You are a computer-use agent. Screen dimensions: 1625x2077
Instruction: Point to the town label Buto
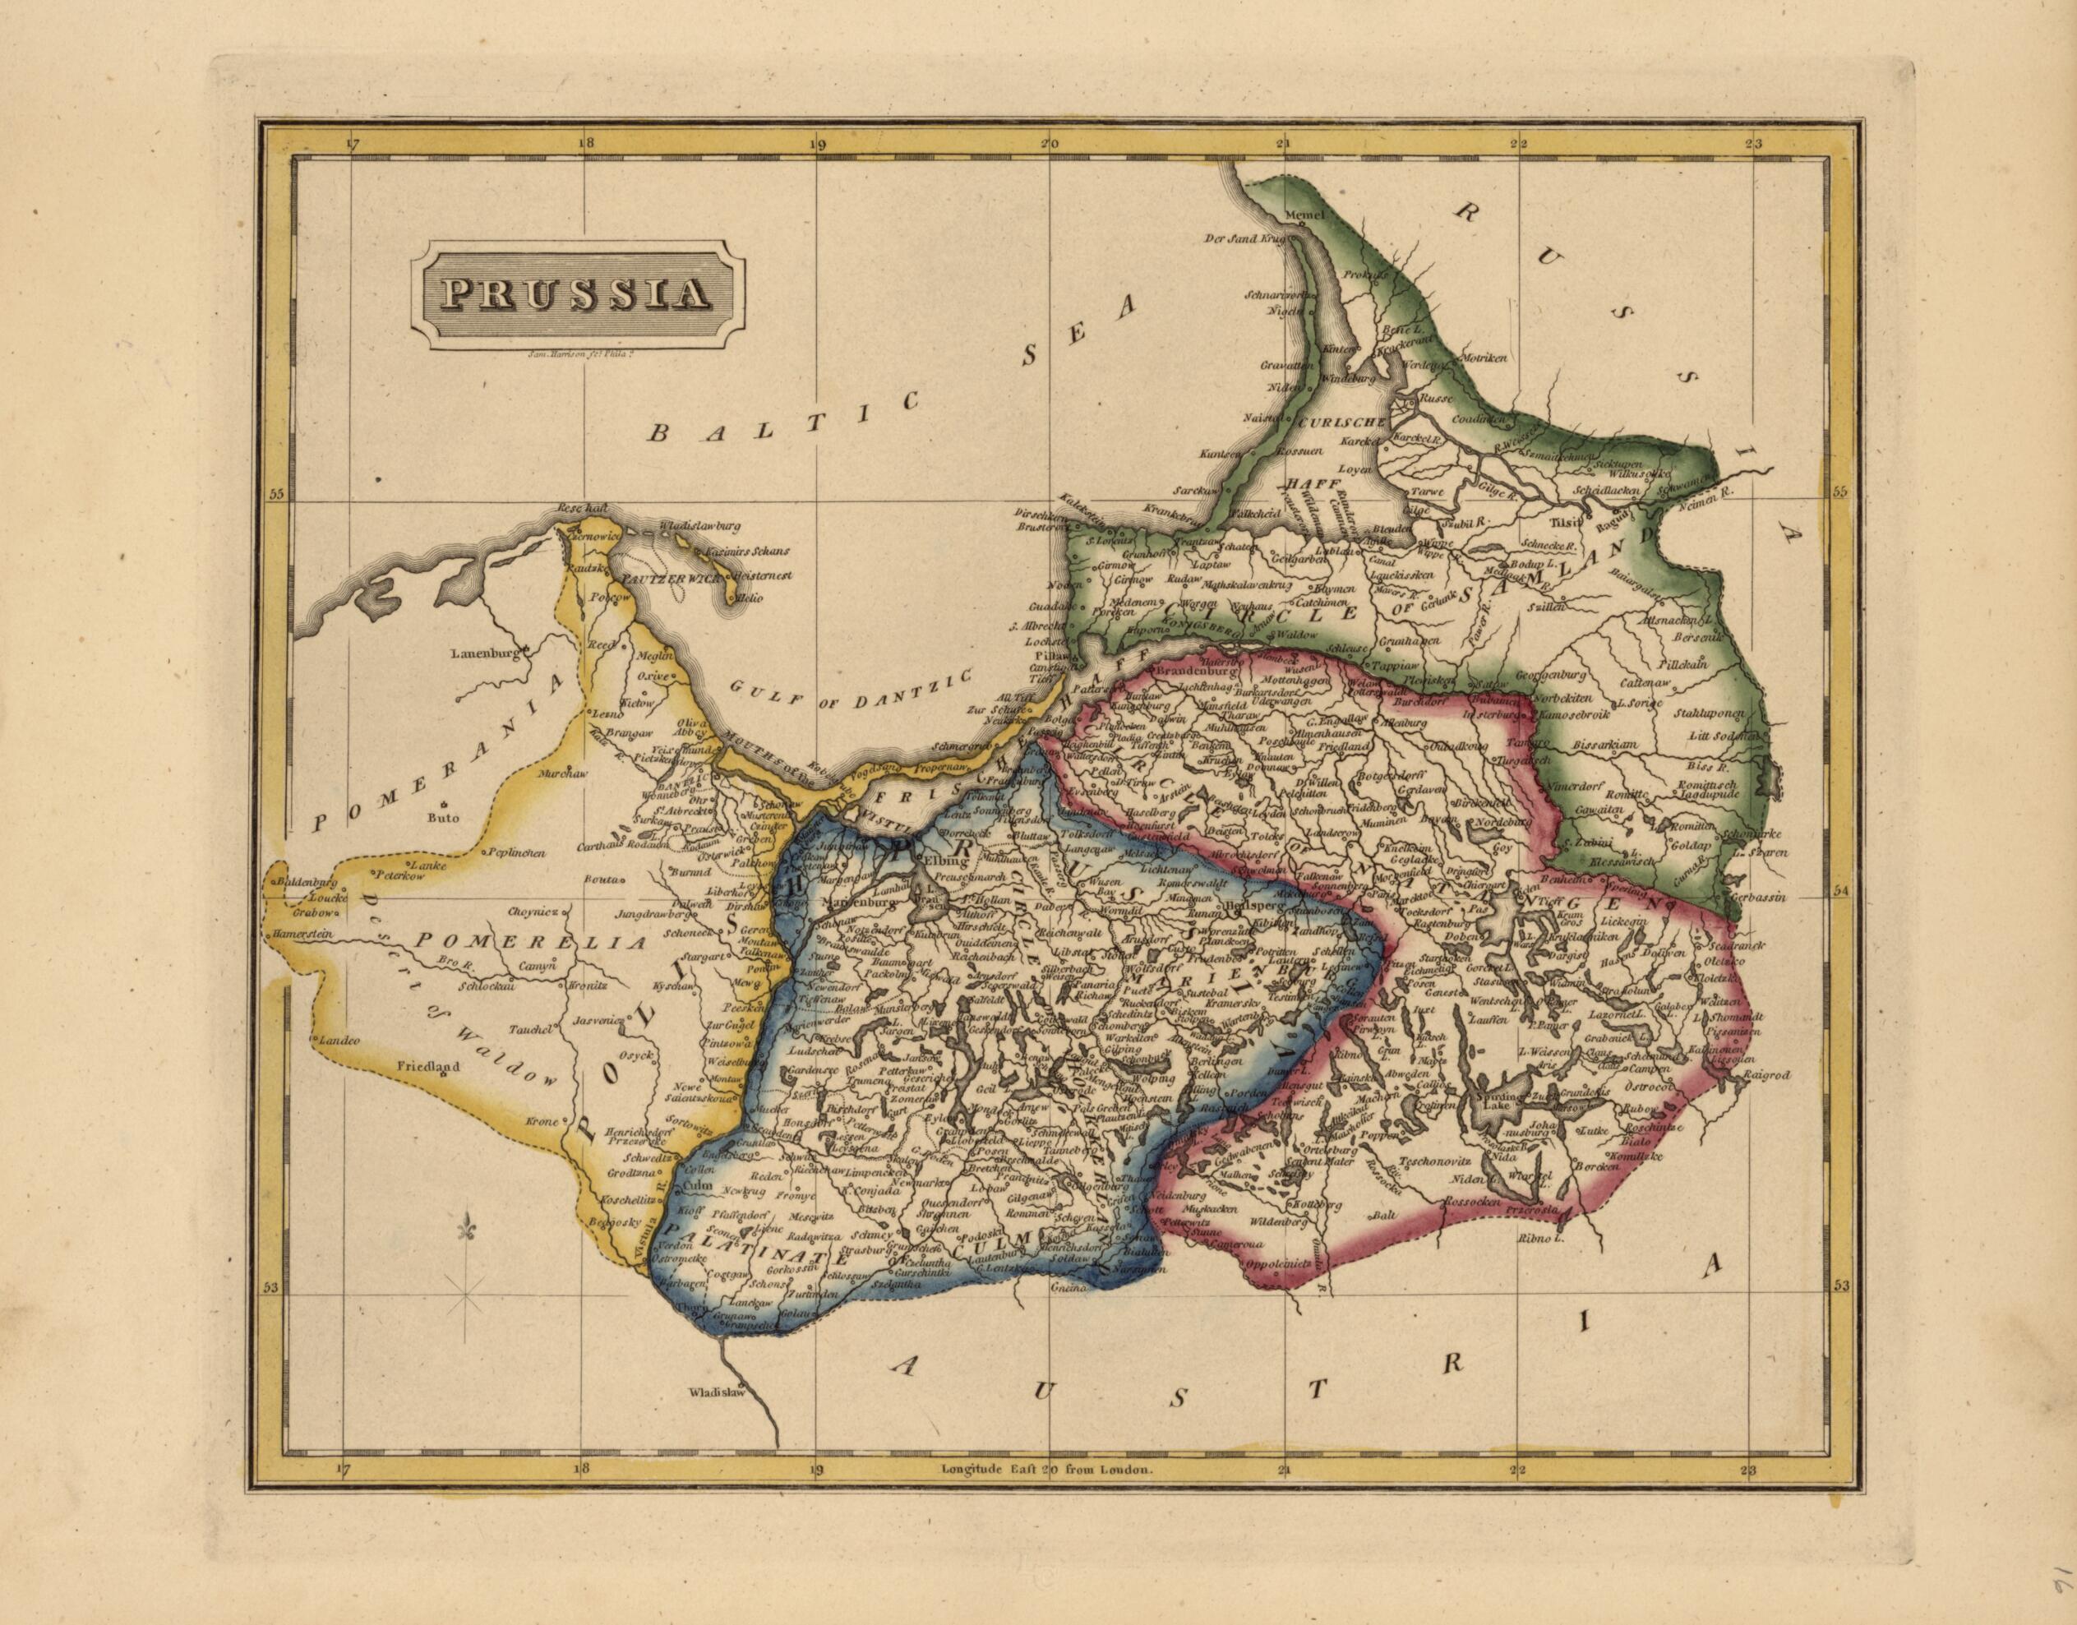[x=443, y=816]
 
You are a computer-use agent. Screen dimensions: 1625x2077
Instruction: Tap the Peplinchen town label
[x=515, y=853]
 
